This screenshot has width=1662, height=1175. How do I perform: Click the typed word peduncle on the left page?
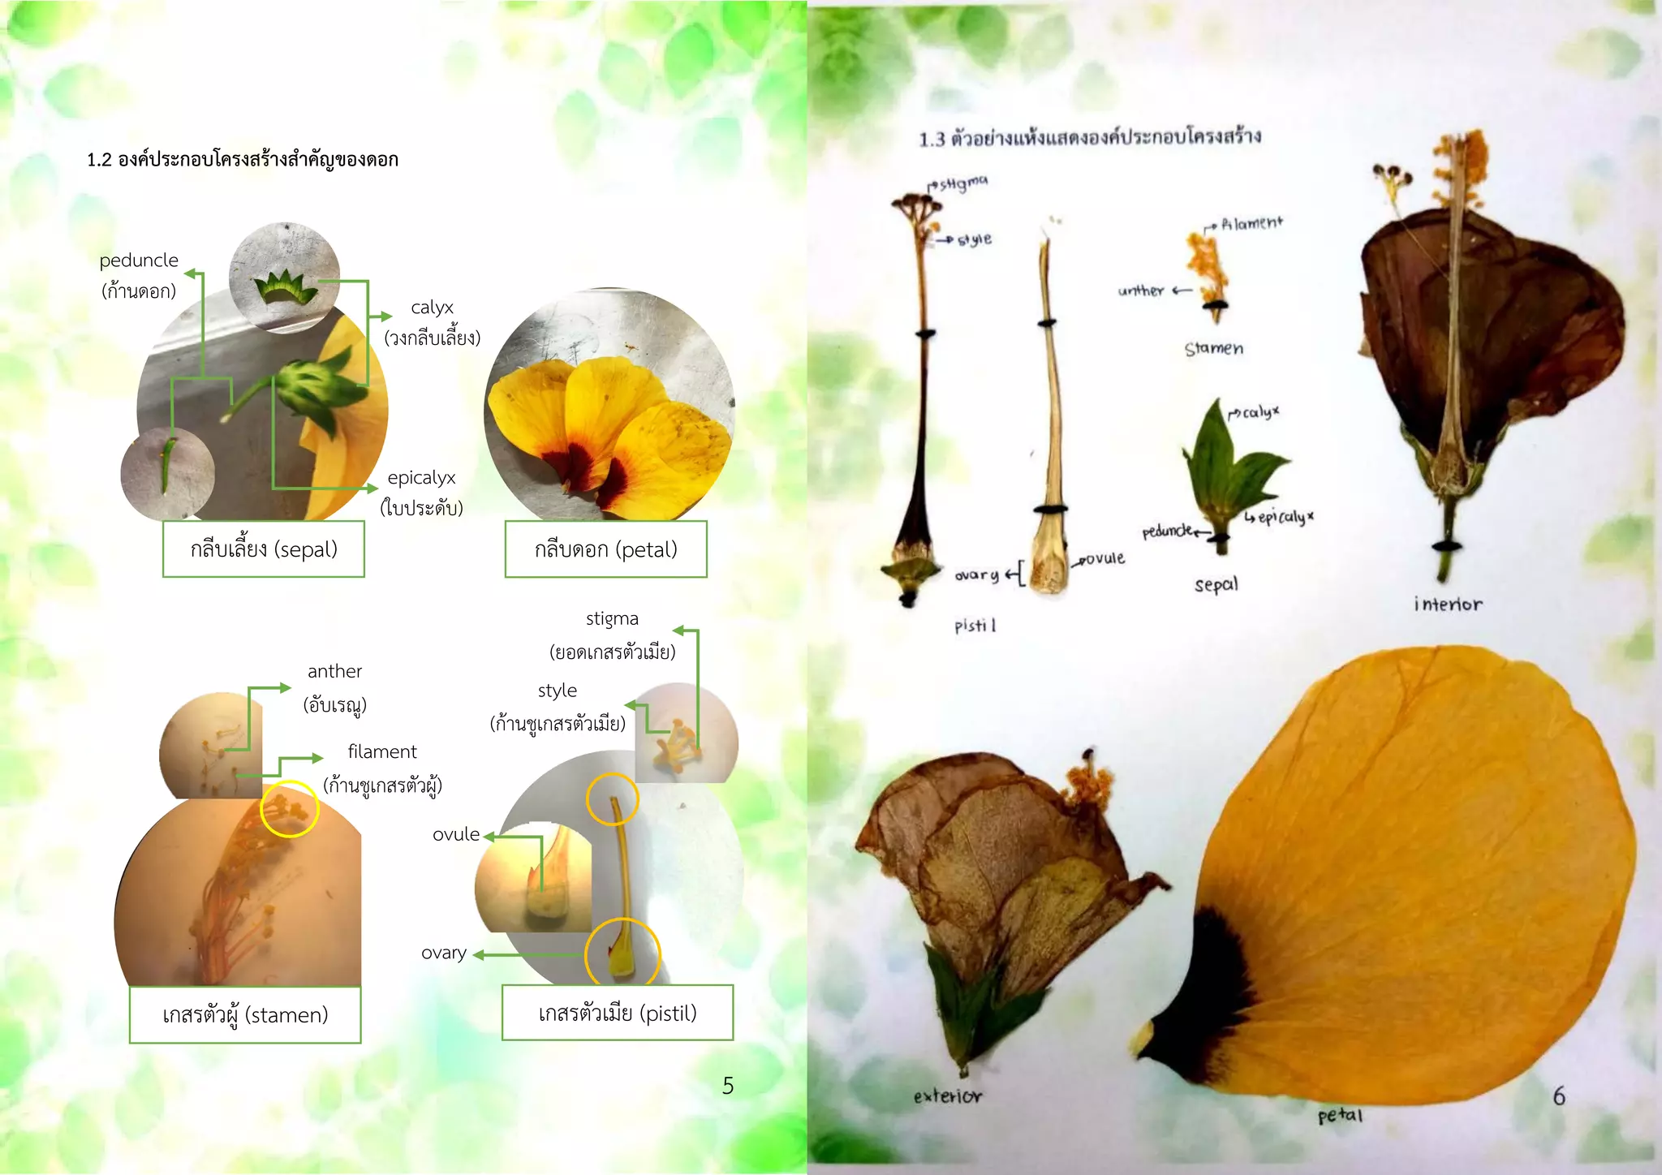(x=139, y=260)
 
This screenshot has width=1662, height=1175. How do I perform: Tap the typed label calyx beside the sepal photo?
(x=432, y=308)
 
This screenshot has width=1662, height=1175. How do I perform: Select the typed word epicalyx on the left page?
(x=421, y=477)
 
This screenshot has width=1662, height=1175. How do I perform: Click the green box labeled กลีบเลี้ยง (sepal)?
(x=264, y=549)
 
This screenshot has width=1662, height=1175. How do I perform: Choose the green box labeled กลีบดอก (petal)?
(x=605, y=549)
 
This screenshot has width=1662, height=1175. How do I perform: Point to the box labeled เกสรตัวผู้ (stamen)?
(x=245, y=1014)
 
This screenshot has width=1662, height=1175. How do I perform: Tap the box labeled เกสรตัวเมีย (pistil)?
(x=618, y=1013)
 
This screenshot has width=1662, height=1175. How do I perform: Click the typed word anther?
(x=334, y=671)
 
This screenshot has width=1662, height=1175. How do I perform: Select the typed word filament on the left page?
(x=382, y=751)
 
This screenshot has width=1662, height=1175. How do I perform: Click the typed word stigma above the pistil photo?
(x=612, y=618)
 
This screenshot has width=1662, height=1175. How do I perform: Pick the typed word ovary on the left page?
(x=443, y=953)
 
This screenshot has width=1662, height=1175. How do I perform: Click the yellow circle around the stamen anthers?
(x=289, y=808)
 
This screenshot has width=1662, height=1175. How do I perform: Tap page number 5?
(x=728, y=1086)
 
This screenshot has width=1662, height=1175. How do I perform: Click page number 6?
(x=1559, y=1096)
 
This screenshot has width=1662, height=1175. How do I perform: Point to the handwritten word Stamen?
(x=1213, y=349)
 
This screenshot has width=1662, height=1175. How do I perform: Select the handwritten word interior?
(x=1448, y=605)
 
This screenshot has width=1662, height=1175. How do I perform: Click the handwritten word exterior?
(x=947, y=1097)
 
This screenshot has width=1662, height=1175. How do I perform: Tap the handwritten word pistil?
(x=975, y=626)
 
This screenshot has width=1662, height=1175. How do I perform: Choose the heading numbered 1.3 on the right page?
(x=1089, y=137)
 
